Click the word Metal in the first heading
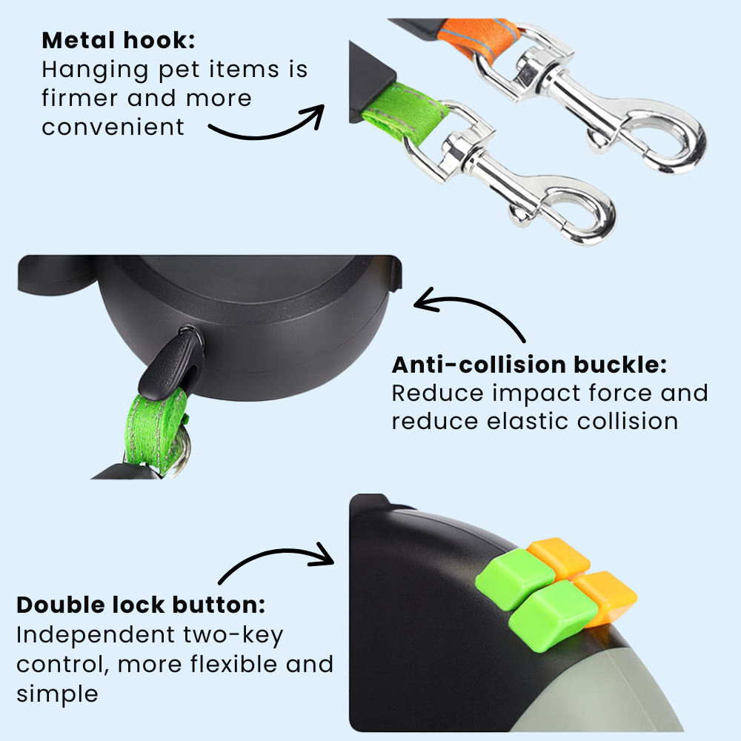[79, 40]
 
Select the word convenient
[113, 127]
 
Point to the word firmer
[79, 98]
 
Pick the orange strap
[477, 39]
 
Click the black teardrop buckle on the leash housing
[172, 360]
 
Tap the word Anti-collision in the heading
[479, 365]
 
